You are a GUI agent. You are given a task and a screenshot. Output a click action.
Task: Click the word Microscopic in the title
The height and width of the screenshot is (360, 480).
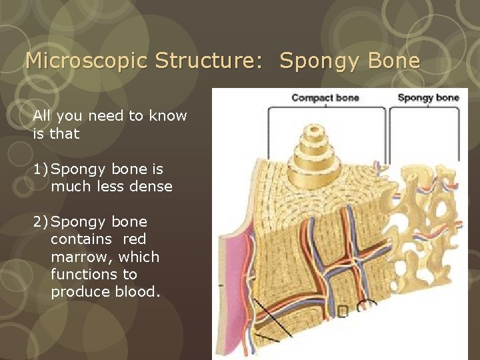[85, 61]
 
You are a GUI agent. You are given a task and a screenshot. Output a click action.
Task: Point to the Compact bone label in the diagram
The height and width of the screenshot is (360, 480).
[325, 98]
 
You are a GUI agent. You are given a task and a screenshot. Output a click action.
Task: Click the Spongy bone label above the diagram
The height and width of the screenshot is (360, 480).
[428, 98]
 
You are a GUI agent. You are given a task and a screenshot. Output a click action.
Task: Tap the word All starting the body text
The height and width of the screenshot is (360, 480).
[42, 116]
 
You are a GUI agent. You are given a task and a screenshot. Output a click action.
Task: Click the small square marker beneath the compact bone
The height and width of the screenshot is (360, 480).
[343, 311]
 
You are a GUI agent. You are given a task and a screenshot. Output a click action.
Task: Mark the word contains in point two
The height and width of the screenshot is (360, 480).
[79, 239]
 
